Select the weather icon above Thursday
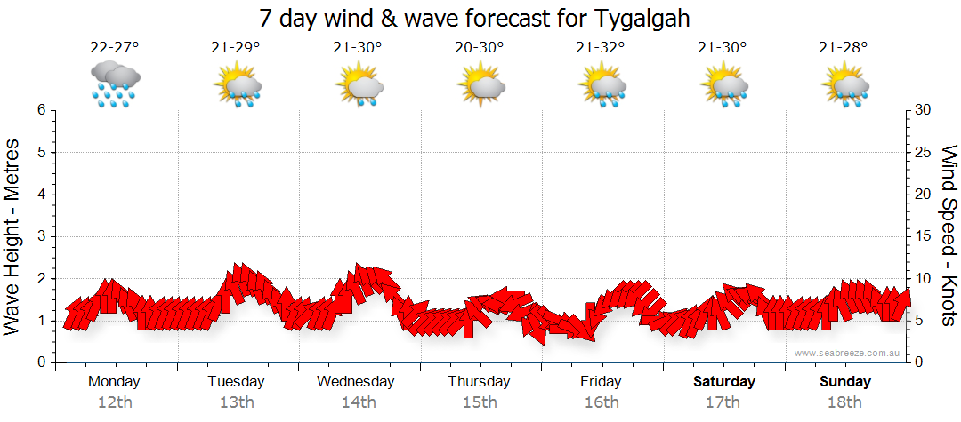(x=480, y=84)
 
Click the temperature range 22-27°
(x=115, y=48)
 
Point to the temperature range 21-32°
(x=602, y=48)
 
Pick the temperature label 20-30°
(x=480, y=48)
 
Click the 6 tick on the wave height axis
(x=41, y=110)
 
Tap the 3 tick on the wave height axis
(x=41, y=236)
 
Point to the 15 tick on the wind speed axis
(x=924, y=236)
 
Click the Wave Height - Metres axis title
(x=13, y=236)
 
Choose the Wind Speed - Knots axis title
(x=948, y=236)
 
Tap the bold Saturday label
(x=723, y=382)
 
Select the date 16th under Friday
(x=602, y=402)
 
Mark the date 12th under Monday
(x=115, y=402)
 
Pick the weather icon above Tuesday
(x=237, y=84)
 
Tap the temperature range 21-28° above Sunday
(x=844, y=48)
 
